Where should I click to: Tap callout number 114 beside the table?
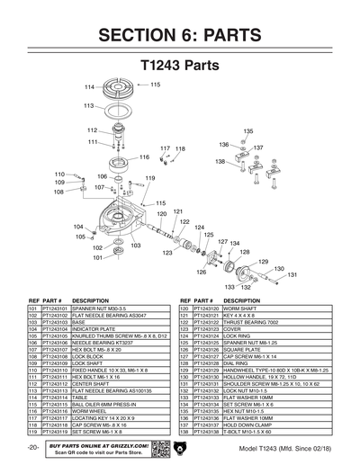coord(89,87)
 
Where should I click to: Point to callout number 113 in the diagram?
coord(89,106)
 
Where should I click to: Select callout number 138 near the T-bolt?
coord(220,162)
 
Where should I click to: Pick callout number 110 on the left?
coord(59,174)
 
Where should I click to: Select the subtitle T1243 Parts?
coord(180,67)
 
